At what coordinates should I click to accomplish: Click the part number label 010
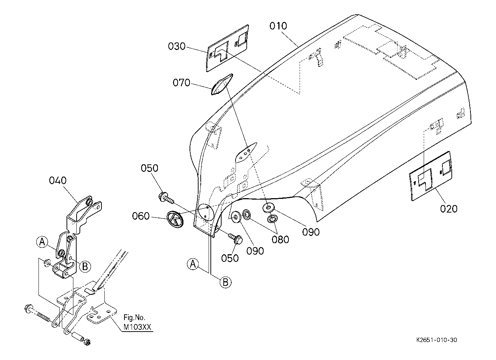click(x=278, y=26)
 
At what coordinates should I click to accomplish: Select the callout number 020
click(x=449, y=209)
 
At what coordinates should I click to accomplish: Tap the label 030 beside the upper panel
click(x=177, y=46)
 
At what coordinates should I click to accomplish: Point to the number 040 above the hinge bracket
click(x=58, y=181)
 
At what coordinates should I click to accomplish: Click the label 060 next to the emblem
click(x=141, y=216)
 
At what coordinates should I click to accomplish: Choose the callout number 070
click(x=181, y=83)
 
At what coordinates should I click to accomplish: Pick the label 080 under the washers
click(x=280, y=240)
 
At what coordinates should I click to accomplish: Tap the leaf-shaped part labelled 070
click(x=222, y=85)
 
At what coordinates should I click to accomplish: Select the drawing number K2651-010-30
click(x=436, y=340)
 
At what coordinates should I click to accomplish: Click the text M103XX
click(x=137, y=327)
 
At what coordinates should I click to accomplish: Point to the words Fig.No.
click(x=134, y=318)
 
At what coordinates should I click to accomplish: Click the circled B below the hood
click(x=226, y=283)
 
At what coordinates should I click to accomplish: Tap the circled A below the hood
click(x=193, y=264)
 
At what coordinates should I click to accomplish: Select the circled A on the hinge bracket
click(x=42, y=242)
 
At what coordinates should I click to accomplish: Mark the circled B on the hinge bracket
click(x=85, y=266)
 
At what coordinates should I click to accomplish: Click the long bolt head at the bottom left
click(x=29, y=309)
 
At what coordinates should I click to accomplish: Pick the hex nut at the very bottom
click(x=88, y=342)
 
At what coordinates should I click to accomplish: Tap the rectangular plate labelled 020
click(x=431, y=176)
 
